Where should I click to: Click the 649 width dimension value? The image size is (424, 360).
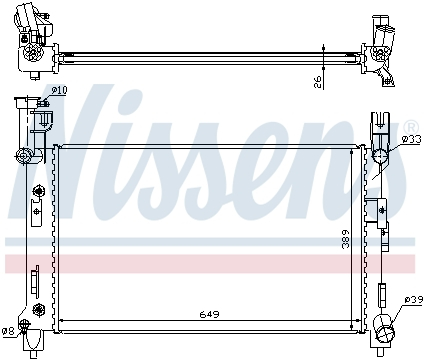[208, 314]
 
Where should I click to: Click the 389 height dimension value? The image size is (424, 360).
[345, 239]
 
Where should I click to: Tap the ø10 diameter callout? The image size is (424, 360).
[59, 91]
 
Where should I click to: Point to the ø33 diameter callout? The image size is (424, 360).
[410, 139]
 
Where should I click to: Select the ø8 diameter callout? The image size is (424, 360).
[9, 331]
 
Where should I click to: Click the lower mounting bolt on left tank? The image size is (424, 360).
[39, 307]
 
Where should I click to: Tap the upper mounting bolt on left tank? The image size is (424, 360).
[39, 191]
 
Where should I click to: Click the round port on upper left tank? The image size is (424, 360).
[24, 154]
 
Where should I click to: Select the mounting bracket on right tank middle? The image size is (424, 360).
[380, 210]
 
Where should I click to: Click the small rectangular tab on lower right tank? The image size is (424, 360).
[381, 293]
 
